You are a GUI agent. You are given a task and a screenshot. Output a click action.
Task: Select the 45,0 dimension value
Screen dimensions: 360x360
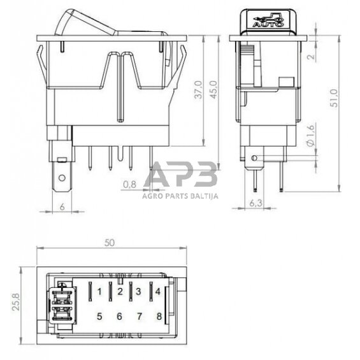click(x=214, y=90)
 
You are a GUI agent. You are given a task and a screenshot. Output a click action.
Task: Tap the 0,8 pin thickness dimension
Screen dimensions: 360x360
click(x=129, y=185)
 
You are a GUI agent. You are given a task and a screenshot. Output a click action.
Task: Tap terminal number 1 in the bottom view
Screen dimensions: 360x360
click(x=99, y=292)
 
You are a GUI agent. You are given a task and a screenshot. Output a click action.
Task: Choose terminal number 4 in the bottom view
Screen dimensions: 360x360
click(x=157, y=292)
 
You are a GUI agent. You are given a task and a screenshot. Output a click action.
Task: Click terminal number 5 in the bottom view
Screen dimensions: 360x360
click(x=99, y=315)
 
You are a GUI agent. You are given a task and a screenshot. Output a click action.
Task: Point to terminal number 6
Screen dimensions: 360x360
click(x=119, y=315)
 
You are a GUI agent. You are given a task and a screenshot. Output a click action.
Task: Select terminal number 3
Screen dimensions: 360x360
click(x=138, y=292)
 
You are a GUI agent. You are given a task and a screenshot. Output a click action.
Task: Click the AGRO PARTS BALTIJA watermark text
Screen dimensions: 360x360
click(x=180, y=196)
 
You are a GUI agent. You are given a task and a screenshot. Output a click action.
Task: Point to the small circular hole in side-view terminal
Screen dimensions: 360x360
click(x=254, y=158)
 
